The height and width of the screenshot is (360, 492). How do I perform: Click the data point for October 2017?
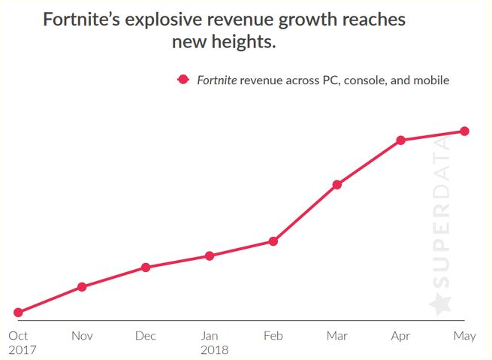[x=18, y=313]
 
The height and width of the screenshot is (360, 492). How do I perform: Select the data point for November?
[x=82, y=287]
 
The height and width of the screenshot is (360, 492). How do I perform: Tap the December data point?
[x=146, y=268]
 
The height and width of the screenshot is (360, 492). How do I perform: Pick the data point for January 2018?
[x=210, y=256]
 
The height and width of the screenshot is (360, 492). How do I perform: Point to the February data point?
[x=273, y=241]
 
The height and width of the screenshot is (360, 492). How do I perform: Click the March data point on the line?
[x=337, y=185]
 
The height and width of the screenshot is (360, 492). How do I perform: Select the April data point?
[x=401, y=141]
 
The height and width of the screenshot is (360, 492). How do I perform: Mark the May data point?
[x=465, y=132]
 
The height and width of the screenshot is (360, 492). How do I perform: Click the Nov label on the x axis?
[x=82, y=336]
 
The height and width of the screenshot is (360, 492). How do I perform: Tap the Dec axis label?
[x=146, y=336]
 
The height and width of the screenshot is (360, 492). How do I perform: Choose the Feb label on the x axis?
[x=273, y=336]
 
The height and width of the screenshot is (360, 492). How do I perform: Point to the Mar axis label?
[x=337, y=336]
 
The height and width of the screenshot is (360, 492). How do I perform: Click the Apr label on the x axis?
[x=400, y=336]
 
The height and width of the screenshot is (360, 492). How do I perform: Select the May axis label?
[x=465, y=336]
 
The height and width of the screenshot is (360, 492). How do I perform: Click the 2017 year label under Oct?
[x=22, y=350]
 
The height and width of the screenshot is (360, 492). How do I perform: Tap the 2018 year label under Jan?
[x=214, y=350]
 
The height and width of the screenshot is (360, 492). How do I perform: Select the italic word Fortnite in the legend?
[x=217, y=80]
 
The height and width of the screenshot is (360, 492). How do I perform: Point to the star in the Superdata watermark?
[x=441, y=304]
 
